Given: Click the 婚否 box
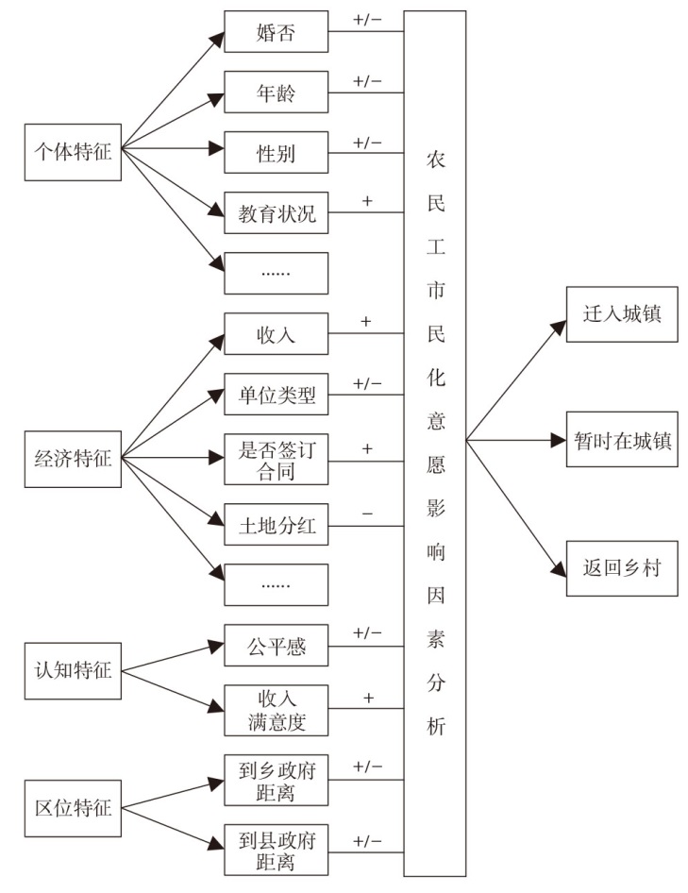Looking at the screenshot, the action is [x=276, y=32].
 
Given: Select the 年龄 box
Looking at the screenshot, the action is [x=276, y=93].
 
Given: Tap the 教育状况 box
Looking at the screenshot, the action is [x=276, y=213].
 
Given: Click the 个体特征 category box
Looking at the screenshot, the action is [x=73, y=152].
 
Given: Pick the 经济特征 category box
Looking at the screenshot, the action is [x=73, y=459].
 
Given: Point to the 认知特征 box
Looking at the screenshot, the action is [x=73, y=670].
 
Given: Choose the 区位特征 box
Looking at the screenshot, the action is [x=73, y=808].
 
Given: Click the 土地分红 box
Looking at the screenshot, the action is [x=276, y=525].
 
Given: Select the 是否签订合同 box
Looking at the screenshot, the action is [x=276, y=459].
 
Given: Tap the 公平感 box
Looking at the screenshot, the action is [x=276, y=646].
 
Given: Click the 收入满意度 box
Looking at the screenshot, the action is [x=276, y=710].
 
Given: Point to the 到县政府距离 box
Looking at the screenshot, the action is [x=276, y=850].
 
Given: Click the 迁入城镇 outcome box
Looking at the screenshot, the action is [x=622, y=314].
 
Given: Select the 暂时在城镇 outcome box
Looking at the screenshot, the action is [x=622, y=440].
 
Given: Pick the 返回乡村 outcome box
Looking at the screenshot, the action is [x=622, y=568].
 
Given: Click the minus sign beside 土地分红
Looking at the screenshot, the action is [x=367, y=514].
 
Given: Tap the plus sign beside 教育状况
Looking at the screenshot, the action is [x=367, y=201].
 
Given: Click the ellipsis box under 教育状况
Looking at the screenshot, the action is [x=276, y=274].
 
